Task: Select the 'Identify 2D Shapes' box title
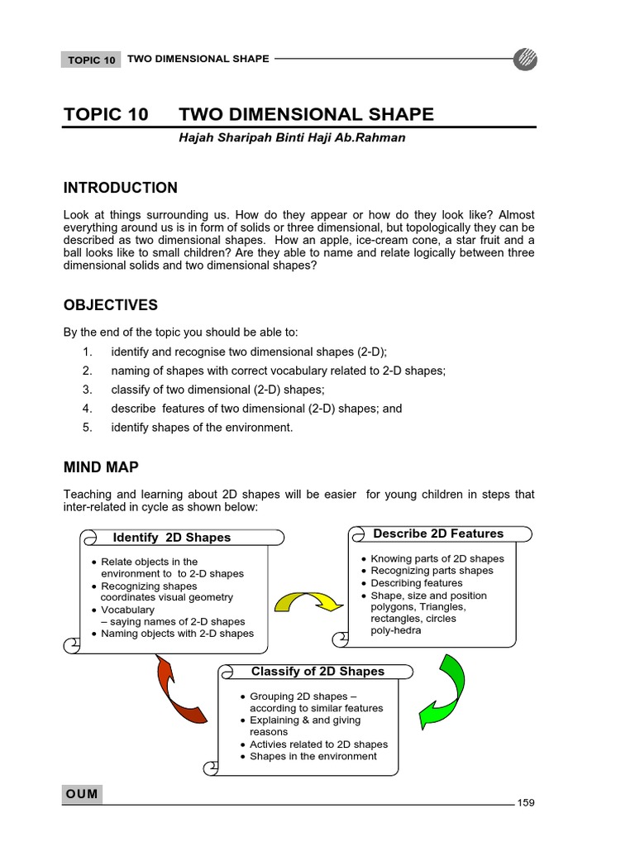pos(171,538)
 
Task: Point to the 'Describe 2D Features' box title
pos(438,534)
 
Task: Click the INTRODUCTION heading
pos(121,188)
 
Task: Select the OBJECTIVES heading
pos(110,305)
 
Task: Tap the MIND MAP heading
pos(101,467)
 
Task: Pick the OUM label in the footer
pos(82,794)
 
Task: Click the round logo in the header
pos(525,60)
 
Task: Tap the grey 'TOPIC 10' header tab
pos(91,60)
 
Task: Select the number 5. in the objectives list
pos(87,428)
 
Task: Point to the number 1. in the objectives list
pos(87,352)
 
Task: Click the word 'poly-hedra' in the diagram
pos(396,630)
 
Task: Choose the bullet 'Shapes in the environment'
pos(313,756)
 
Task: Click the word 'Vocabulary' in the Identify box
pos(127,610)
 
